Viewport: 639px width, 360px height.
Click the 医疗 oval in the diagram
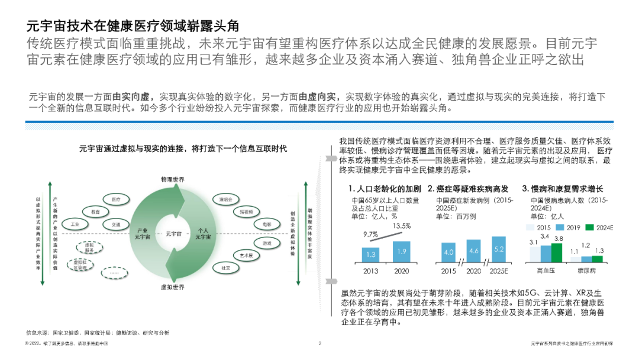tap(117, 200)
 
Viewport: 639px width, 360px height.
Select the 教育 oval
tap(95, 211)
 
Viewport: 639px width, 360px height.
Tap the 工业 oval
tap(75, 225)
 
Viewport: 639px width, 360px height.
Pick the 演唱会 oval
tap(225, 199)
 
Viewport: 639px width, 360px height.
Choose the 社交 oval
tap(225, 268)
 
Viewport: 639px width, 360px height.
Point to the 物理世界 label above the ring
tap(172, 179)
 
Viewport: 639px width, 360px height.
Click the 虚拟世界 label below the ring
tap(172, 287)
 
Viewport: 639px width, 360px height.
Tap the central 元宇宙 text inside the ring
tap(173, 233)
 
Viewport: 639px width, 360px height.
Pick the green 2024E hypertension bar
tap(557, 252)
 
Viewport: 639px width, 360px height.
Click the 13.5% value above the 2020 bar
tap(402, 226)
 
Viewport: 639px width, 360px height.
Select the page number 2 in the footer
tap(319, 343)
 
